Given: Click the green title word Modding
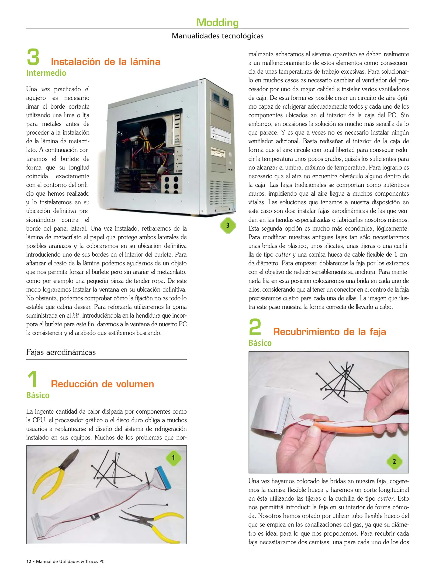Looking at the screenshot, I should (217, 22).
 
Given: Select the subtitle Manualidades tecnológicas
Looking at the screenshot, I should (217, 36).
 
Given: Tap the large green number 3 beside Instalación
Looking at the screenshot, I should (33, 57).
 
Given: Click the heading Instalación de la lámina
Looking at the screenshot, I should (105, 62).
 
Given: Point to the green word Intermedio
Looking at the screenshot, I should (46, 73).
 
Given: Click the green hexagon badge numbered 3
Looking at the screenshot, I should (228, 225).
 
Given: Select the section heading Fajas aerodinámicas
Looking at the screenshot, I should (61, 352).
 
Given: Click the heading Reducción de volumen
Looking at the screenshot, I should (102, 384).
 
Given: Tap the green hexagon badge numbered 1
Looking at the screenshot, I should (174, 458).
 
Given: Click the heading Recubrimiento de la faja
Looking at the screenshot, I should (329, 332).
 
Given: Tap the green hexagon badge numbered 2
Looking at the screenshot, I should (394, 462).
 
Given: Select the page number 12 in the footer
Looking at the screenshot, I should (29, 562).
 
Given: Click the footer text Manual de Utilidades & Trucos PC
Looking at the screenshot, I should (70, 562).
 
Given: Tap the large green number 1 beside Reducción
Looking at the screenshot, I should (33, 379).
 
